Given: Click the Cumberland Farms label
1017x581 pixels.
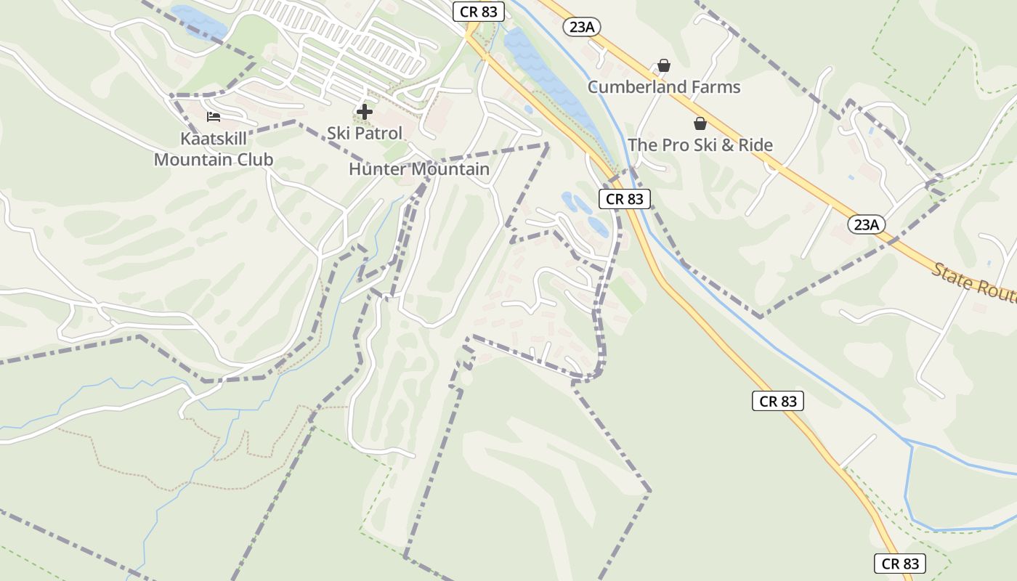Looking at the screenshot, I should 664,87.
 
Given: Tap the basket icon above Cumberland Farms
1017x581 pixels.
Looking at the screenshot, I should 663,66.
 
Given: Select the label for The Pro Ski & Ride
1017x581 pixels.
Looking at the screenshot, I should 700,145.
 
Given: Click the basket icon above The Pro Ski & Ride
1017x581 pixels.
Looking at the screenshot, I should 700,123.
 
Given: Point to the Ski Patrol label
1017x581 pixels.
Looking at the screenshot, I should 364,134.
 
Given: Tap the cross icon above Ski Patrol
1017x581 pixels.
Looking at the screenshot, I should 365,112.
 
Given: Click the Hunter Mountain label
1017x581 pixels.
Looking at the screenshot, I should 419,169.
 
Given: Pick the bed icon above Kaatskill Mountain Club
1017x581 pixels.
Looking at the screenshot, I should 213,116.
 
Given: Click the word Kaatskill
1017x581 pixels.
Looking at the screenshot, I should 214,139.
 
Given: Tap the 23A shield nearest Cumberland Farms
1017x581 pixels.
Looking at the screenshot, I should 582,27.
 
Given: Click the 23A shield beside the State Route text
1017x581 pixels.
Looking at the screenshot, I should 866,224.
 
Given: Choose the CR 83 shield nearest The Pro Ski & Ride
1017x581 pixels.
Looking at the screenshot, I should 624,199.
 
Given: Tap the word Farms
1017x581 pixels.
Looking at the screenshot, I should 716,87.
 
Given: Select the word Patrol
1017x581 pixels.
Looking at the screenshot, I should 378,134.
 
